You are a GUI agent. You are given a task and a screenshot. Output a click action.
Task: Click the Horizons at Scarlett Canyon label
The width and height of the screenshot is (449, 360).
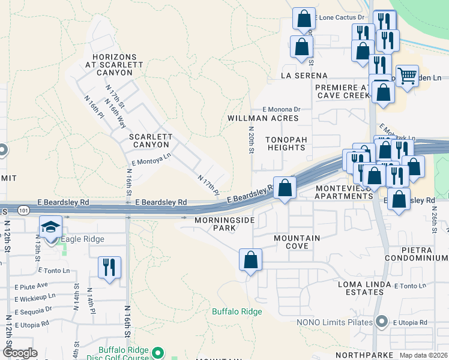point(110,65)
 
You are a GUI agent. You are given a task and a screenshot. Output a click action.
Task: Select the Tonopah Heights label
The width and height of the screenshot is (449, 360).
point(286,143)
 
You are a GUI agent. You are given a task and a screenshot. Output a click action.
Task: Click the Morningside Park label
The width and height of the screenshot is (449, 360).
point(224,224)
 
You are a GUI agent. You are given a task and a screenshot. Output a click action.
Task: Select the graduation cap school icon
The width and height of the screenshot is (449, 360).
point(52,226)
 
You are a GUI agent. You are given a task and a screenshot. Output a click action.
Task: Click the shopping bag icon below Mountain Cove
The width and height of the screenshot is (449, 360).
point(251,260)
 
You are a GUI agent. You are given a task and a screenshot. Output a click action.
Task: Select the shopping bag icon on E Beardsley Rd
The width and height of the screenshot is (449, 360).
point(285,187)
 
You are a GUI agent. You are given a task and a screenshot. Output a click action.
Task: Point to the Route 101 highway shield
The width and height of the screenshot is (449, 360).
point(23,211)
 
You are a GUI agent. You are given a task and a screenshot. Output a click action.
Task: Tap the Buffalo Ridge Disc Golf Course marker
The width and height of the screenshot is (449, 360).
point(158,352)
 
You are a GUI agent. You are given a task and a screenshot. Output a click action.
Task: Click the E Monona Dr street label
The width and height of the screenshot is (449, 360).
point(281,109)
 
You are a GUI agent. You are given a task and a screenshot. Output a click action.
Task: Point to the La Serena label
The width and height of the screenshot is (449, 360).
point(304,76)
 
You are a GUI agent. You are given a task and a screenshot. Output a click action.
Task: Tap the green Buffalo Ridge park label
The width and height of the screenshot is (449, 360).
point(237,311)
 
